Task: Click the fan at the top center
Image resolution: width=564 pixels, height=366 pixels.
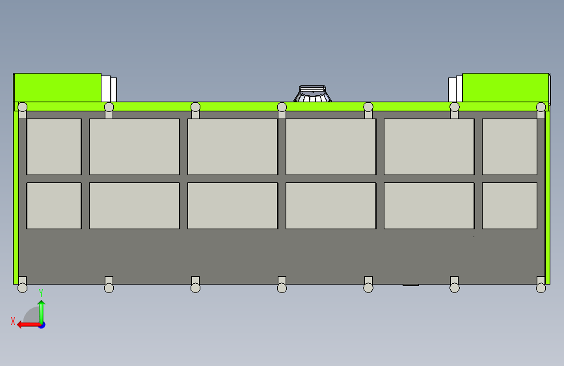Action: (313, 94)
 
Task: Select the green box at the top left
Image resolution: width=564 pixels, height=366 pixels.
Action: (57, 87)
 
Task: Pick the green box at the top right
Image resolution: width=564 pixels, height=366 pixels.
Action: (505, 87)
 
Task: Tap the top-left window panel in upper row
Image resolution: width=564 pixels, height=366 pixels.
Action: (54, 147)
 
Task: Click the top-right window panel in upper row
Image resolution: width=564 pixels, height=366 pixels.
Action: (509, 147)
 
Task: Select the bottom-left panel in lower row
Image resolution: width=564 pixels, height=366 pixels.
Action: (54, 206)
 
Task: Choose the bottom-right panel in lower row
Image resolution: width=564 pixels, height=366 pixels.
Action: (509, 206)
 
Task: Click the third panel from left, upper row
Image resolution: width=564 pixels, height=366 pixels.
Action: (232, 147)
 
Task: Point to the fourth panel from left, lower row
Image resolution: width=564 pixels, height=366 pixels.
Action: (330, 206)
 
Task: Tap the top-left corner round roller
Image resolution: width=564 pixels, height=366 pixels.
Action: (22, 107)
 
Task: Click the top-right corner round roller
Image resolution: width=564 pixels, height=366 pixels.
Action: (541, 107)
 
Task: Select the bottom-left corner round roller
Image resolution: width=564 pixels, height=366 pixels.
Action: (22, 287)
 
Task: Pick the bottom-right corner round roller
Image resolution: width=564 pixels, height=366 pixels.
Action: (541, 287)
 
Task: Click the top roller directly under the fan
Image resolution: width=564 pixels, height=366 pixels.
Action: (282, 107)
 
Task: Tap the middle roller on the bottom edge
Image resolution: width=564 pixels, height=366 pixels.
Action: (282, 287)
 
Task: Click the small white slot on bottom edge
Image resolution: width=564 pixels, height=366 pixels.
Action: (410, 285)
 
